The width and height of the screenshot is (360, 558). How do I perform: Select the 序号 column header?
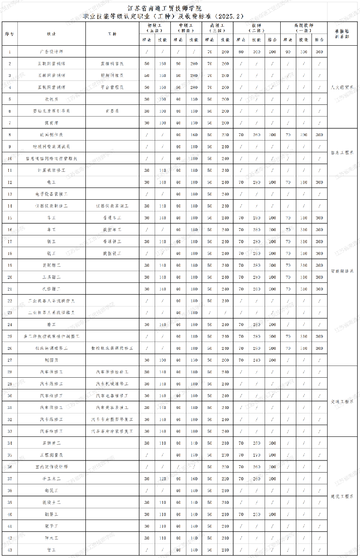(x=9, y=34)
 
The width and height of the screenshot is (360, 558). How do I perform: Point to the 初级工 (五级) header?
(x=154, y=28)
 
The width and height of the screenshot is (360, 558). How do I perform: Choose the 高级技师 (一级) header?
(x=304, y=28)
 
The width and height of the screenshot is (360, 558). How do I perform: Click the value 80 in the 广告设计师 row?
(x=241, y=52)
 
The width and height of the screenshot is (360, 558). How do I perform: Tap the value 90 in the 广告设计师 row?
(x=288, y=52)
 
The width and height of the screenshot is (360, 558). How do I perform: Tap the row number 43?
(x=9, y=550)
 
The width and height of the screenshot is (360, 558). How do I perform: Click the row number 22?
(x=9, y=301)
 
